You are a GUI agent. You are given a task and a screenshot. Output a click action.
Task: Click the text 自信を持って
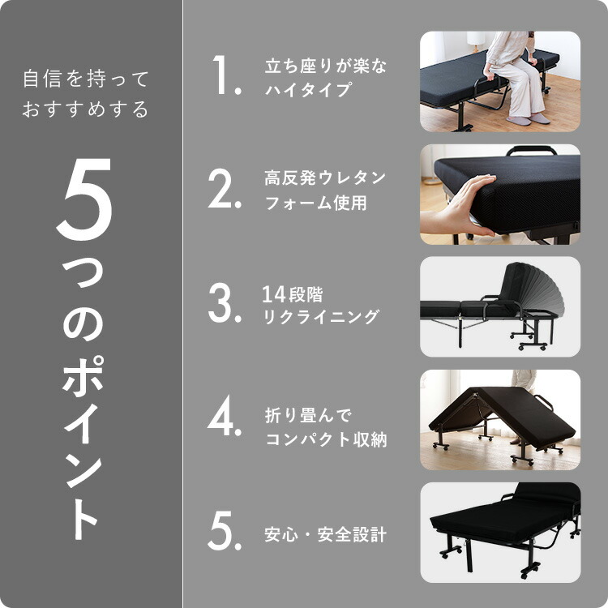86,79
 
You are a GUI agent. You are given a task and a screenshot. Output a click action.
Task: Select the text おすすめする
86,109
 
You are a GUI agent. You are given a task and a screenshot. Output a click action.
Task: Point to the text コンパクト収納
326,440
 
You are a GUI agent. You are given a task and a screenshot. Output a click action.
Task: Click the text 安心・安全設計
325,535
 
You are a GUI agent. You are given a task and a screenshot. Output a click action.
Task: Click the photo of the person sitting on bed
499,81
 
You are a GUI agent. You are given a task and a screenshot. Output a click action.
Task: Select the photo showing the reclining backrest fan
499,307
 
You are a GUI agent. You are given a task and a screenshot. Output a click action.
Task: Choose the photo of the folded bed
499,420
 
